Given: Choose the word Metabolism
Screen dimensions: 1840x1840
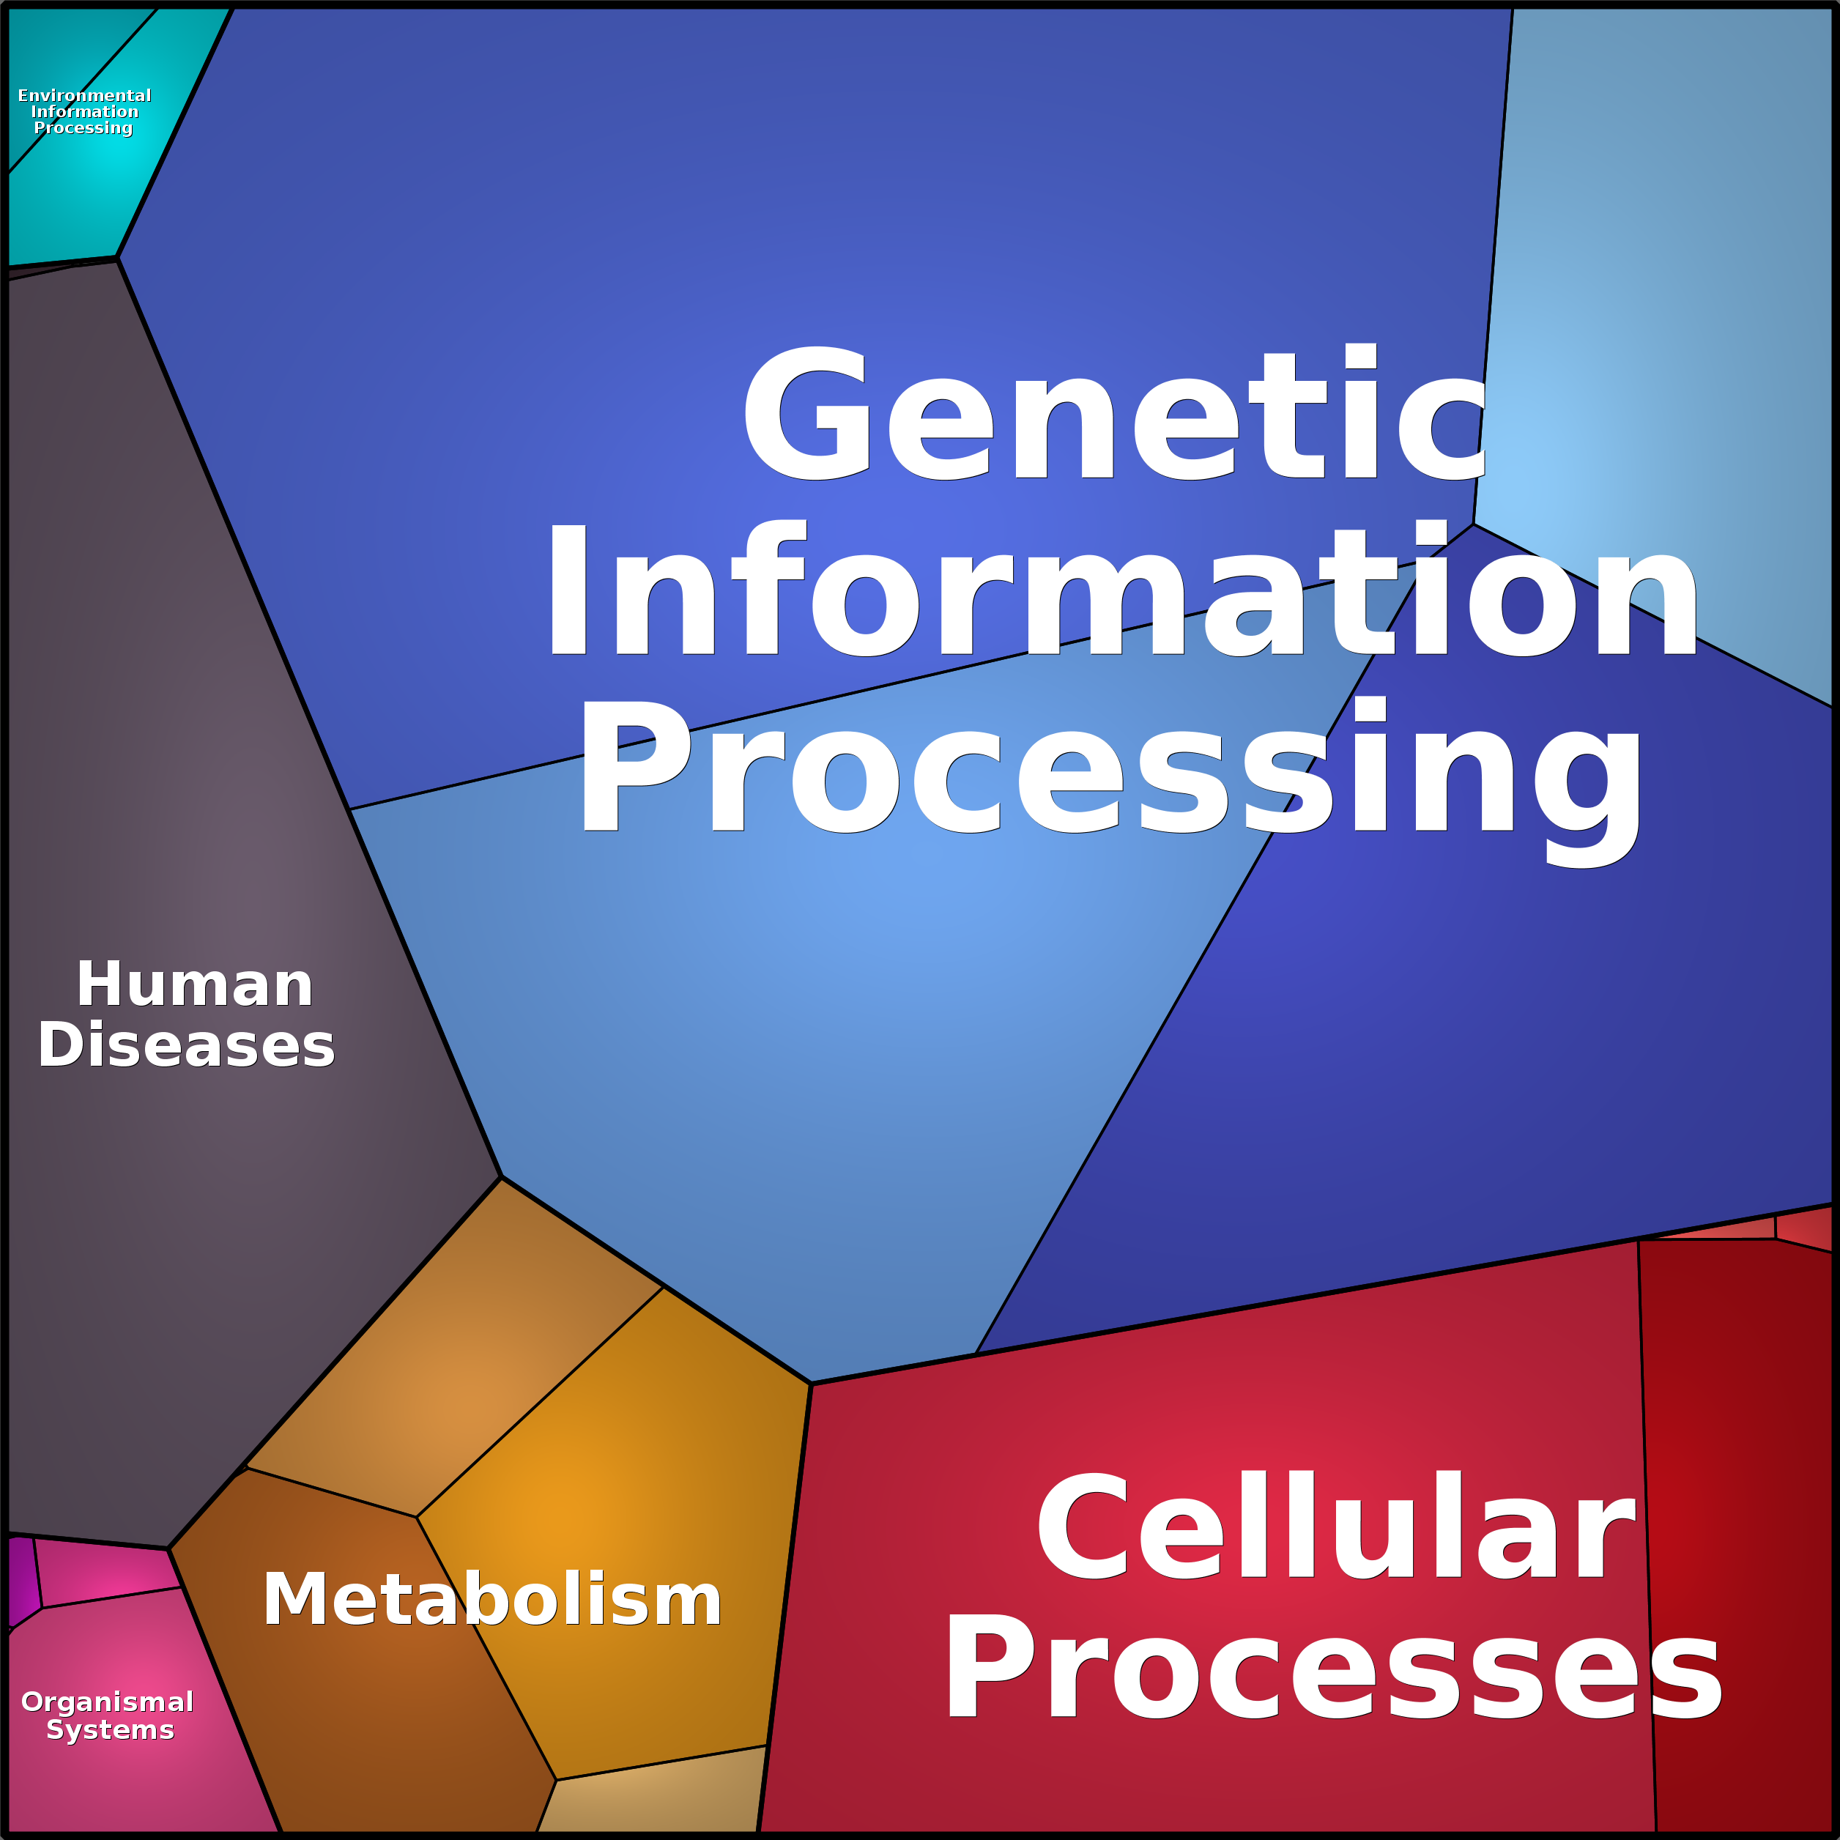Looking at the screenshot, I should click(491, 1599).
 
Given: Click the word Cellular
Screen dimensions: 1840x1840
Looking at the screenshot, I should click(1335, 1528).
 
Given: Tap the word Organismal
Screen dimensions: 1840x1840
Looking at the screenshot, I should click(108, 1702).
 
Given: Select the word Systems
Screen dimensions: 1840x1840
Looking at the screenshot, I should click(111, 1729).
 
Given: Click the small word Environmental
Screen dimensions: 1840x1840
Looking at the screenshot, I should click(85, 95).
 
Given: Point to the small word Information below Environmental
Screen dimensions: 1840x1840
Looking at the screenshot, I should click(85, 111).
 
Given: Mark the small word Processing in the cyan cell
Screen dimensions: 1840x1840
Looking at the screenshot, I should click(84, 127).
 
